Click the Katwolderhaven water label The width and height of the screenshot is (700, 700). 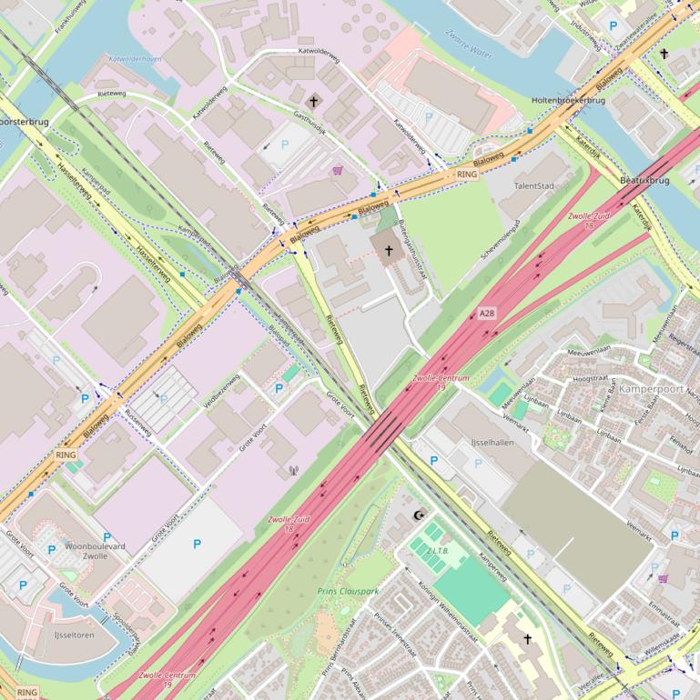point(135,58)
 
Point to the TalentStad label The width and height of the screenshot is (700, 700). point(534,185)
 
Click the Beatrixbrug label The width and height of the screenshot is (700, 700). point(644,181)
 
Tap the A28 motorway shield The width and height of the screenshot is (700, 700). point(488,314)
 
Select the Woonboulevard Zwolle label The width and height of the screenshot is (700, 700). point(95,551)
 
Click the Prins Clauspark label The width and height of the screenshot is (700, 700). point(348,591)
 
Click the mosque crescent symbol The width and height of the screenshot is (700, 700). point(419,515)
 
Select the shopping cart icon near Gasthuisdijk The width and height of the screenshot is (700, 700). point(338,169)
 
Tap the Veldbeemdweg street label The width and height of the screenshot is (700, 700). point(220,390)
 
